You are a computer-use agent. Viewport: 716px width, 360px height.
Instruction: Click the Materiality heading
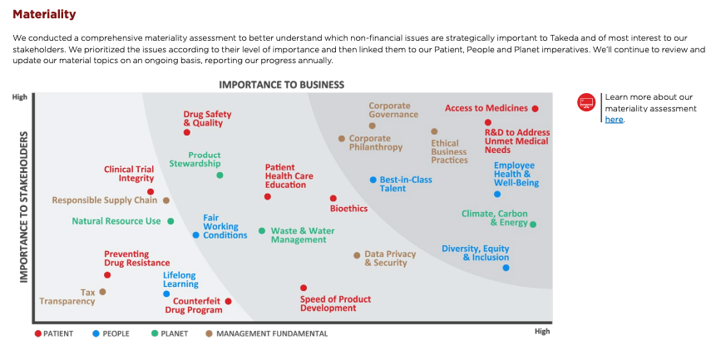[x=44, y=14]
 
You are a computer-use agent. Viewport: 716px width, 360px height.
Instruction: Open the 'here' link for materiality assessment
[x=614, y=120]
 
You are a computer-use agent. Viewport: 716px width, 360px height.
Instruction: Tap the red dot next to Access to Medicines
[x=536, y=109]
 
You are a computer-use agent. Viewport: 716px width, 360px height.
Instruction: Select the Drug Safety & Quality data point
[x=187, y=132]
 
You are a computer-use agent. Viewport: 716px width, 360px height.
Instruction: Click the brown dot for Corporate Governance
[x=372, y=126]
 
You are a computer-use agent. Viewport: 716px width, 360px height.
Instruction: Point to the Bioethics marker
[x=333, y=199]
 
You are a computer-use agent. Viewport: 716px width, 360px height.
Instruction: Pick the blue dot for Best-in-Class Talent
[x=373, y=180]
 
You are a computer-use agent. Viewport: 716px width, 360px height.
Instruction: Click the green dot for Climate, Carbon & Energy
[x=533, y=224]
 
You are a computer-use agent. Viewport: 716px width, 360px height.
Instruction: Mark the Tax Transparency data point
[x=102, y=292]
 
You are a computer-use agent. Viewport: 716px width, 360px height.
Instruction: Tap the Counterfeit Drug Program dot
[x=229, y=302]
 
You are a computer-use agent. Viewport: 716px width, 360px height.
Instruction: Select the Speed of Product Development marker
[x=304, y=288]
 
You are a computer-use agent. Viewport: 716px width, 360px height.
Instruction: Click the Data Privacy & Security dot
[x=357, y=255]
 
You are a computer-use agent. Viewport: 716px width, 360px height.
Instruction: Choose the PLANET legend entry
[x=169, y=334]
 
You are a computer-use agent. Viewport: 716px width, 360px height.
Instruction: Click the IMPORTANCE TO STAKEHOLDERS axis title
[x=24, y=206]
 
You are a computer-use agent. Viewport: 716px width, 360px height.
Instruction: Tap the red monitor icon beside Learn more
[x=586, y=102]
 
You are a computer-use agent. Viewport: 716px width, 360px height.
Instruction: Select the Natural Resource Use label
[x=116, y=221]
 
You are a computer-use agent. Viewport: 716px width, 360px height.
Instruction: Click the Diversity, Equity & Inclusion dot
[x=506, y=268]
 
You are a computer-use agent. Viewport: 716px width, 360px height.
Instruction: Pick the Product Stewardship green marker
[x=220, y=175]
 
